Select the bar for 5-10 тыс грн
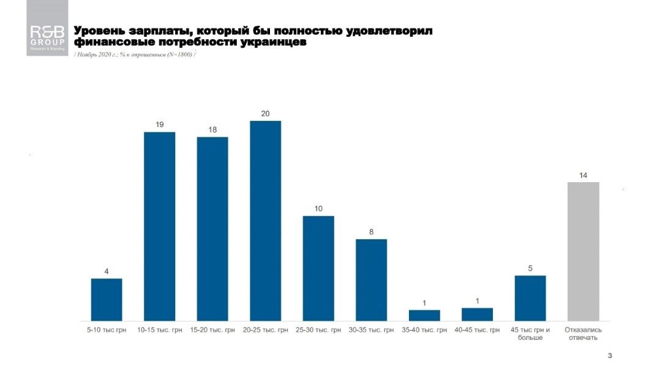point(107,300)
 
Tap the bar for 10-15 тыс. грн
point(159,227)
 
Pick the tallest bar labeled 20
point(265,221)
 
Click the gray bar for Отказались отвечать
point(583,251)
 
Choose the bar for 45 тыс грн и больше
point(530,298)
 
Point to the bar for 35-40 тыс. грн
point(424,315)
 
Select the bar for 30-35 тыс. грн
point(371,280)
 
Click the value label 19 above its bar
point(159,124)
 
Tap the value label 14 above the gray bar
point(583,175)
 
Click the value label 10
point(318,208)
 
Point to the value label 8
point(371,232)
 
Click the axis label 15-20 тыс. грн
point(212,330)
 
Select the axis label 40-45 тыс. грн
point(477,330)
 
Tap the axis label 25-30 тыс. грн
point(318,330)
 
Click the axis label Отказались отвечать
point(583,334)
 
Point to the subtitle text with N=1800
point(135,55)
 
